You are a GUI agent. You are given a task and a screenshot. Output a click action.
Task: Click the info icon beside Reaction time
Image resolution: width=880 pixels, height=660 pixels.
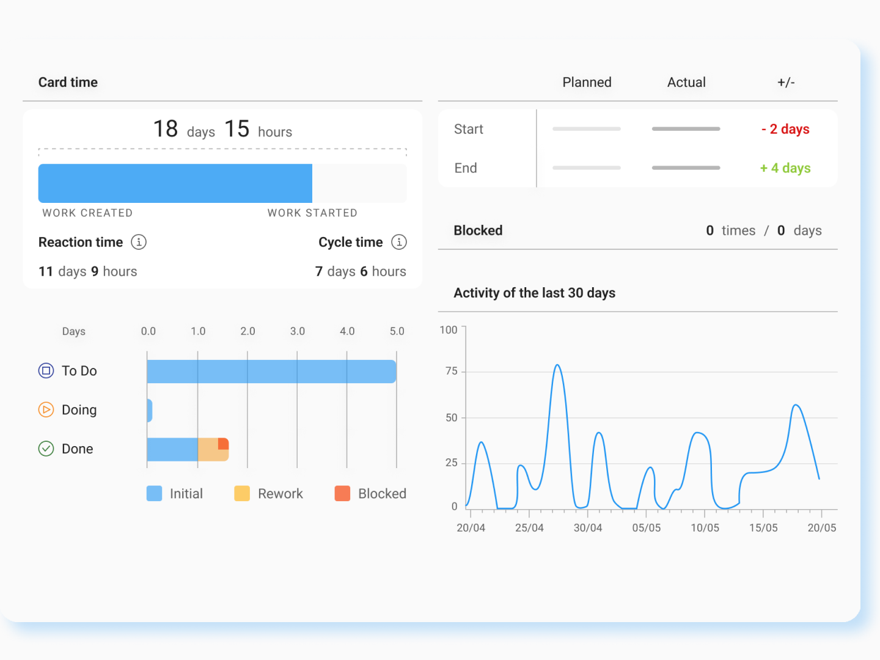(x=139, y=242)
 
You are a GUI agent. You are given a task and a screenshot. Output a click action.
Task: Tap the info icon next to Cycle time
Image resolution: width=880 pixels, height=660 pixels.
(x=399, y=242)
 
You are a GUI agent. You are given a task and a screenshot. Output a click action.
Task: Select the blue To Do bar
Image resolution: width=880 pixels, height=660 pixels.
(x=271, y=372)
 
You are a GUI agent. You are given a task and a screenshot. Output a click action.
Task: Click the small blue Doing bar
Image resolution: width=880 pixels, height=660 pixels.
(x=150, y=411)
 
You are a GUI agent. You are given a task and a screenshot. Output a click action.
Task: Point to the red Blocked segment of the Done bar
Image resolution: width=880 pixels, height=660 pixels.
(x=224, y=444)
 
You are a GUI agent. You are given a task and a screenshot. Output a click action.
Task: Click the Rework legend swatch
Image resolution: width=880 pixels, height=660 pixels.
(x=242, y=494)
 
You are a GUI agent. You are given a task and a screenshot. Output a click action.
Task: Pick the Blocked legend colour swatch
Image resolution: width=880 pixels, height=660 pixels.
(x=342, y=494)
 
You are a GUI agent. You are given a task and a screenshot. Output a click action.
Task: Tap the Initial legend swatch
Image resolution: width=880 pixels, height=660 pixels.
(x=154, y=494)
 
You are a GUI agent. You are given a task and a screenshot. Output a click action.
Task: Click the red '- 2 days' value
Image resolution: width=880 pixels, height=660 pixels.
(x=785, y=129)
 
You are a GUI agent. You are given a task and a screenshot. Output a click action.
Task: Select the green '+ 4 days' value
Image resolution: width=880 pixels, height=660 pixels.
(x=785, y=168)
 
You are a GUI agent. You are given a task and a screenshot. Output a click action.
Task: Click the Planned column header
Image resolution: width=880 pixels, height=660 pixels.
(x=587, y=82)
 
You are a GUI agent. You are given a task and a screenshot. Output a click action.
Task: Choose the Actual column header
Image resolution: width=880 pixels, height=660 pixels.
(x=686, y=82)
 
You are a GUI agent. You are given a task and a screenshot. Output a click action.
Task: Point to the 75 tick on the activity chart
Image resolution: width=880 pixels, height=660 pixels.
(x=452, y=372)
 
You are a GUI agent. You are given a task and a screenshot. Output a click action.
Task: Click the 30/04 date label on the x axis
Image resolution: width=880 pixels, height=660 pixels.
(x=588, y=528)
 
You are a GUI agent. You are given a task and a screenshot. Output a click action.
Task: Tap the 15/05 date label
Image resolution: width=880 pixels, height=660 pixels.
(x=763, y=528)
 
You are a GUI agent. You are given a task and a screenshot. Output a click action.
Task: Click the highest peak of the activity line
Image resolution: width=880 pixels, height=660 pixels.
(x=557, y=365)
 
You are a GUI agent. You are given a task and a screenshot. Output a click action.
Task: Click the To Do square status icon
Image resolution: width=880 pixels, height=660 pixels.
(x=46, y=371)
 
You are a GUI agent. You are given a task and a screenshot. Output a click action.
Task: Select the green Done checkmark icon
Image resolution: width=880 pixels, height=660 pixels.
(x=46, y=449)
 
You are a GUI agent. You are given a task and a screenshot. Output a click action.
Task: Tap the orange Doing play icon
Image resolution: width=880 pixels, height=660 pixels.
(x=46, y=410)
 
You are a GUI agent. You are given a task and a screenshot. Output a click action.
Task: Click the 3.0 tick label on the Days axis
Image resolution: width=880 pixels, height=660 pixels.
(x=298, y=331)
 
